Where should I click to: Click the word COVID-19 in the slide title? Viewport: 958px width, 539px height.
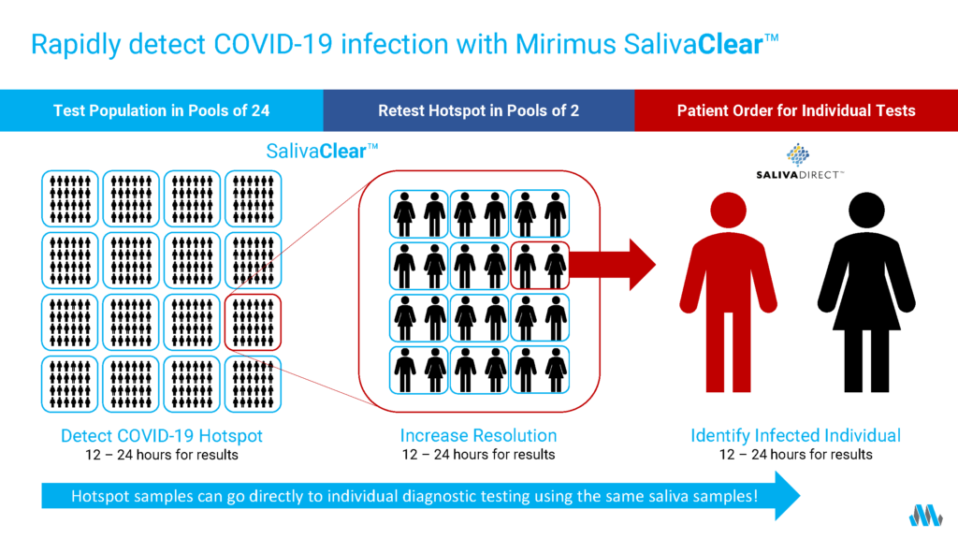point(272,44)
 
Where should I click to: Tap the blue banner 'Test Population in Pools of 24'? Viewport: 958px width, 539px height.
point(161,110)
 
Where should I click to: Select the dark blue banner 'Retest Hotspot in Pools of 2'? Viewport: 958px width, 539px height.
point(479,110)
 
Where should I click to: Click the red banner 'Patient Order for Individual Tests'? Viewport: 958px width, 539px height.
point(796,110)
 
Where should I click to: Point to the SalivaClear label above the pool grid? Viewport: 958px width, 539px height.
point(322,151)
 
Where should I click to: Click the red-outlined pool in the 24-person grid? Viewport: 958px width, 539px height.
point(253,323)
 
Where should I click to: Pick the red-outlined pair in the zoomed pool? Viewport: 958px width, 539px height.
point(540,266)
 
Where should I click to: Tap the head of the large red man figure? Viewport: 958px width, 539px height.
point(728,211)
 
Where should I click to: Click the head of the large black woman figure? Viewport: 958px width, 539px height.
point(866,211)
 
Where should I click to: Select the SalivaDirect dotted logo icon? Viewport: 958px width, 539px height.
point(798,154)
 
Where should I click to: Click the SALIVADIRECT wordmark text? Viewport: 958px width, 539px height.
point(800,175)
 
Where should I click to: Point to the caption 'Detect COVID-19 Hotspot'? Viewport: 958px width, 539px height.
point(161,436)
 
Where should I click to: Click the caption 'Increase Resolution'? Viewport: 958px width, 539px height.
point(478,436)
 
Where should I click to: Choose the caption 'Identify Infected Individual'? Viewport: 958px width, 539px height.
point(795,436)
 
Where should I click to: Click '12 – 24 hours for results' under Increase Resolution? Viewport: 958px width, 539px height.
point(478,455)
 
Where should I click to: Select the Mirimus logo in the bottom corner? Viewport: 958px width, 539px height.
point(925,516)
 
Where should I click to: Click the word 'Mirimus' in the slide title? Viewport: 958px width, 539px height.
point(566,44)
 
